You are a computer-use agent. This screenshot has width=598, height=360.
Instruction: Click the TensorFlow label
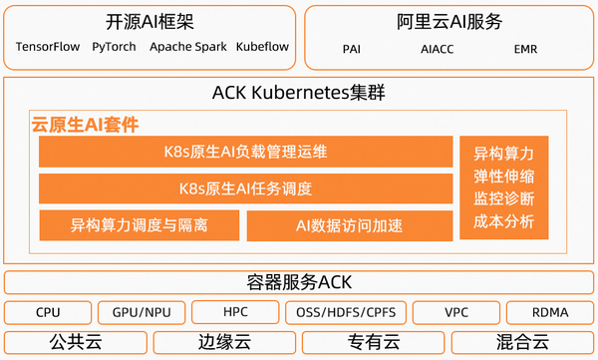48,47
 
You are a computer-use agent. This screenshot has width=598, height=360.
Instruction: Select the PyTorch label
114,47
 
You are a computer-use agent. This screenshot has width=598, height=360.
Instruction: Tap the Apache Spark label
188,47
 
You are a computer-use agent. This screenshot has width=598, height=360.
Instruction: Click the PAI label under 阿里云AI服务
351,48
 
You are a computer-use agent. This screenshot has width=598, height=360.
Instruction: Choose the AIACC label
438,48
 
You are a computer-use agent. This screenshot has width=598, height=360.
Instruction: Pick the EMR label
525,48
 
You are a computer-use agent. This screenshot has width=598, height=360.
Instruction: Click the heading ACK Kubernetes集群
298,94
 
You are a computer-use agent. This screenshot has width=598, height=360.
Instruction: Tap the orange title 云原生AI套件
85,125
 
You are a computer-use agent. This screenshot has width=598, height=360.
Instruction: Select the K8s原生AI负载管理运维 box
244,153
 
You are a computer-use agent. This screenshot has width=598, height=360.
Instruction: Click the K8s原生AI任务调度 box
244,188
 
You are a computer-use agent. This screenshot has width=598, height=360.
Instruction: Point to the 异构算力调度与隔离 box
139,225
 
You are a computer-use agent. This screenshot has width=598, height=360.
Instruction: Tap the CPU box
48,312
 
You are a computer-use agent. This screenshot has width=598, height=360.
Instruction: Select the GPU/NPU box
141,312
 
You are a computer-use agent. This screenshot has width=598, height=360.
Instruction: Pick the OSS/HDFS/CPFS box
345,312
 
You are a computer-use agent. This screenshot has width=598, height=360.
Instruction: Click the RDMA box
549,312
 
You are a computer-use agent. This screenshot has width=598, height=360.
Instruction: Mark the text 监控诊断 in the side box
503,198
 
